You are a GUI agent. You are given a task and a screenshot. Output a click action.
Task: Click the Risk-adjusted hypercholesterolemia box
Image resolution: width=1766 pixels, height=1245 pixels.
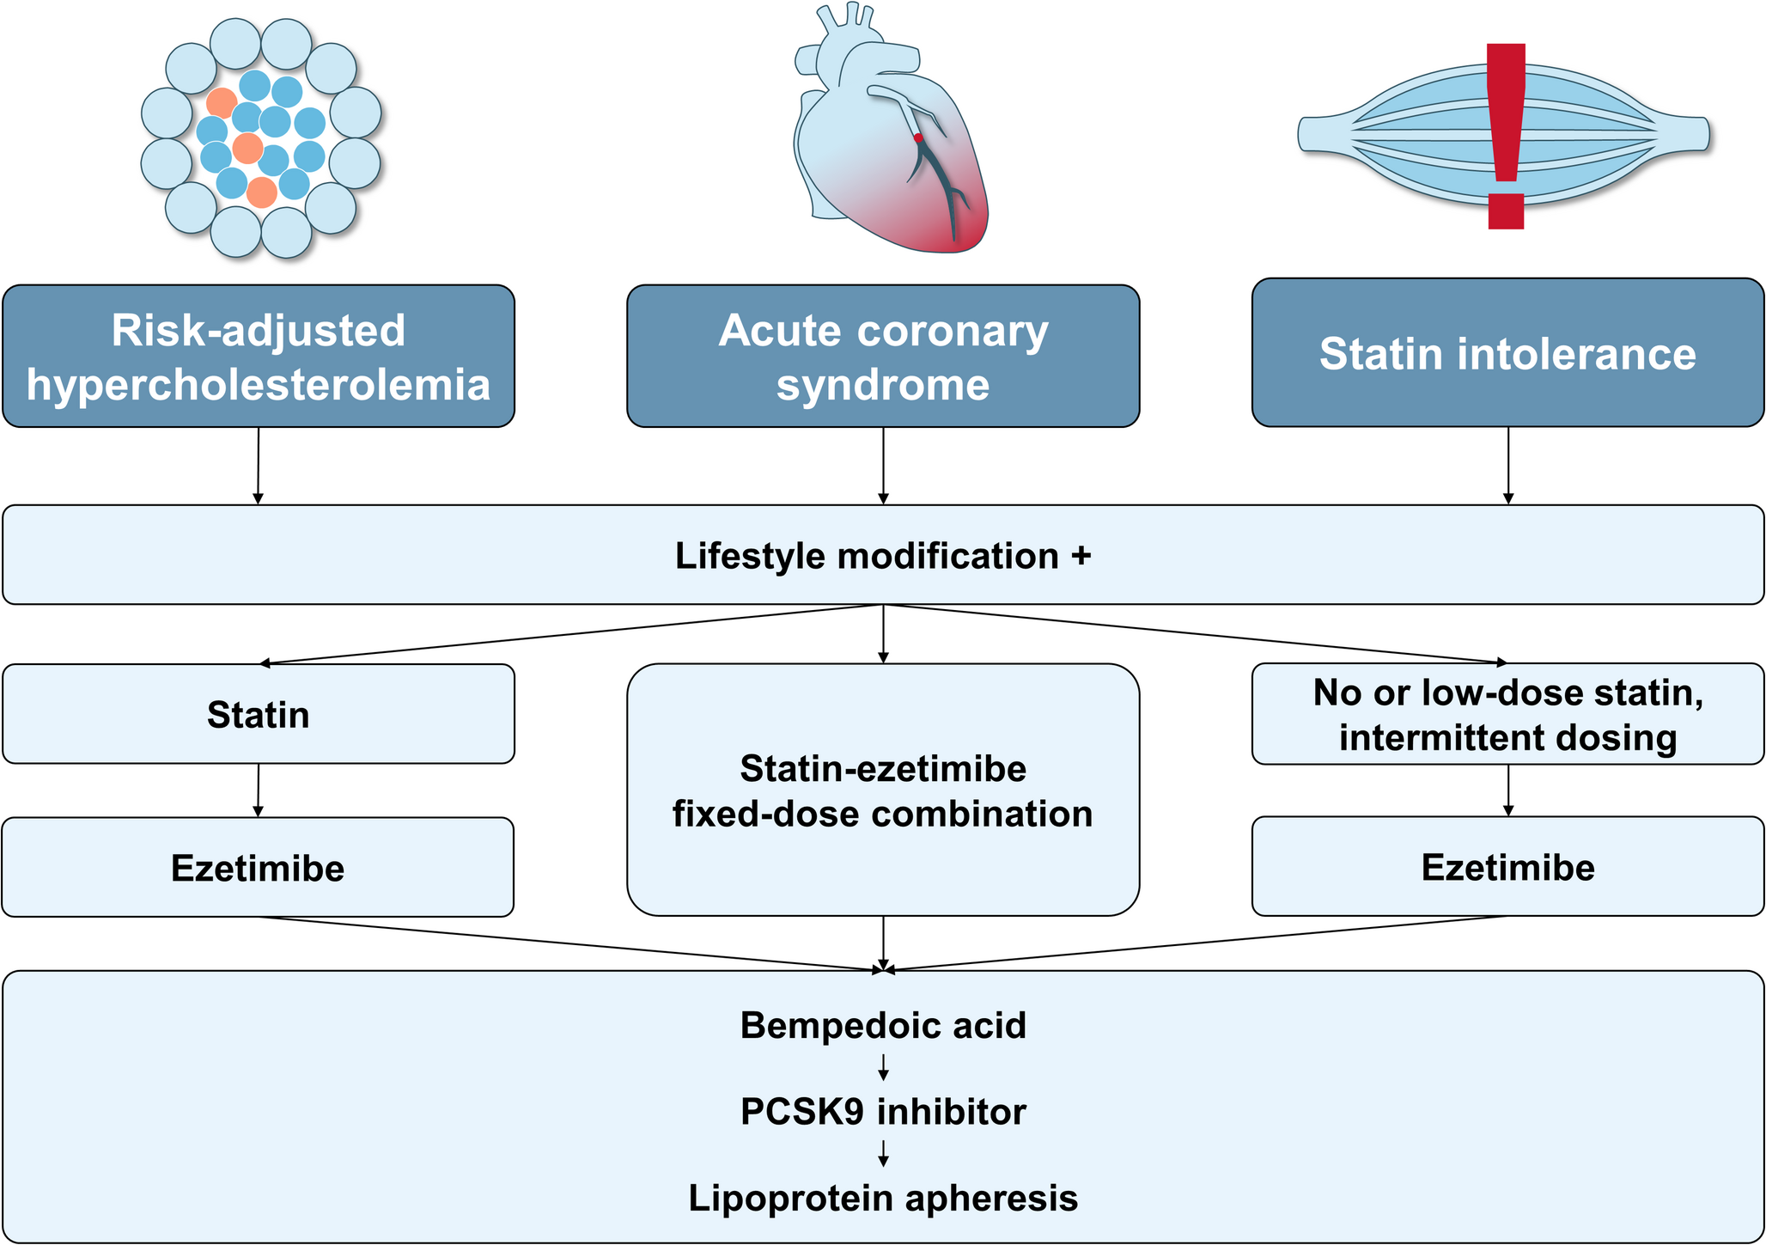pos(259,356)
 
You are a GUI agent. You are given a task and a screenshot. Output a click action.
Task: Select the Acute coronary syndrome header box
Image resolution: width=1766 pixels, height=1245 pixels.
pos(883,356)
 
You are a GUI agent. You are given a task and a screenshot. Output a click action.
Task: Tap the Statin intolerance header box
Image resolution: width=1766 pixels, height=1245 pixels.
pos(1507,352)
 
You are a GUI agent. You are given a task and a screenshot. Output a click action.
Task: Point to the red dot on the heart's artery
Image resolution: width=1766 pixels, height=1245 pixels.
pos(918,137)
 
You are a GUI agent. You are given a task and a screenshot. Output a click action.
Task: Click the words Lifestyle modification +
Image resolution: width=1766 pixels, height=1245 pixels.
pos(883,556)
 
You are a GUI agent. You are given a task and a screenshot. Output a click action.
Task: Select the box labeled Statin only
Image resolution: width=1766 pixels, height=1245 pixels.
pos(259,714)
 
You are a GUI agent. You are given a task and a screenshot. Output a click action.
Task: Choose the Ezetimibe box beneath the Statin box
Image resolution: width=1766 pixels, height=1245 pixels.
pos(258,868)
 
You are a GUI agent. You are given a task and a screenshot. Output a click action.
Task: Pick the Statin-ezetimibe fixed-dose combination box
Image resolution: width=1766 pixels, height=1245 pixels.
pos(883,790)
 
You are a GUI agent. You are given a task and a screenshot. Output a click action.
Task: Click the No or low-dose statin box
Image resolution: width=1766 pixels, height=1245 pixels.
pos(1507,714)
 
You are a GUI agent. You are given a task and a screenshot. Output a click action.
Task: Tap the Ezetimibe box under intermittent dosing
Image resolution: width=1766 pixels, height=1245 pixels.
pos(1507,867)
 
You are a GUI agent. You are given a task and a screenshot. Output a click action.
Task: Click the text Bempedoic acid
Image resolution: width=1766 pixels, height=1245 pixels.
pos(883,1025)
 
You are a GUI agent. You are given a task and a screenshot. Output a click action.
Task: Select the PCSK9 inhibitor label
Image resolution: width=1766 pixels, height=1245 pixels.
pos(883,1112)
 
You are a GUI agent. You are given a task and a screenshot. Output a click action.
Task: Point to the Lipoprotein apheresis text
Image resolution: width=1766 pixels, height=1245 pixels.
pos(883,1198)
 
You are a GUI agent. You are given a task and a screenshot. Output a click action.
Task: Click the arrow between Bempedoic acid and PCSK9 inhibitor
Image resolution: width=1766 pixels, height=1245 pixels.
pos(883,1068)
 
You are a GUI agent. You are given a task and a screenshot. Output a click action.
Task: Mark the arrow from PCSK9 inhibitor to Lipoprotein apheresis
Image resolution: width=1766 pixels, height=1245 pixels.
pos(883,1154)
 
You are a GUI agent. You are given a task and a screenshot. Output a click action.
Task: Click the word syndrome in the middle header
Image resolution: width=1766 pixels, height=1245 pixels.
pos(883,384)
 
